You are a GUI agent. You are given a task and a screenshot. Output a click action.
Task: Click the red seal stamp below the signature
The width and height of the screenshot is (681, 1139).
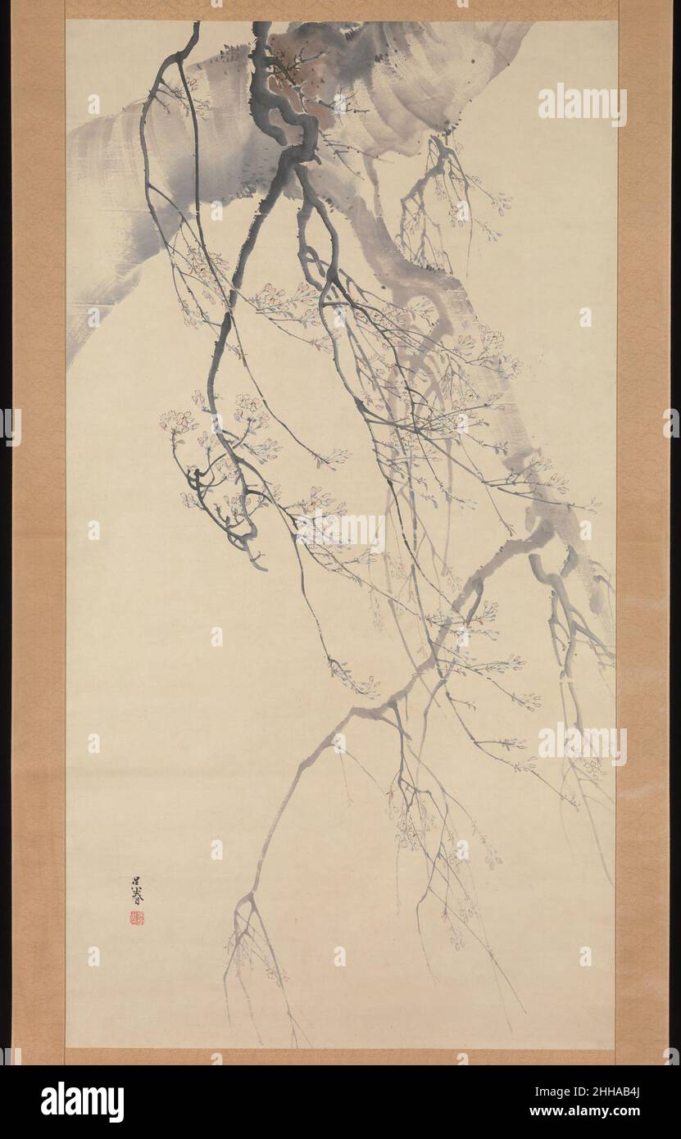(136, 918)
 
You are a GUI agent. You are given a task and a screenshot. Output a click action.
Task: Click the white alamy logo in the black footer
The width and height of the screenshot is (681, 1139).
(83, 1102)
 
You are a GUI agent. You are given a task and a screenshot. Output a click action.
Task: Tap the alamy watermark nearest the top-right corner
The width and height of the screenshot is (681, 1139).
(582, 104)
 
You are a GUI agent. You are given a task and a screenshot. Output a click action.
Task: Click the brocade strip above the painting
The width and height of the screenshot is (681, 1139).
(340, 9)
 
